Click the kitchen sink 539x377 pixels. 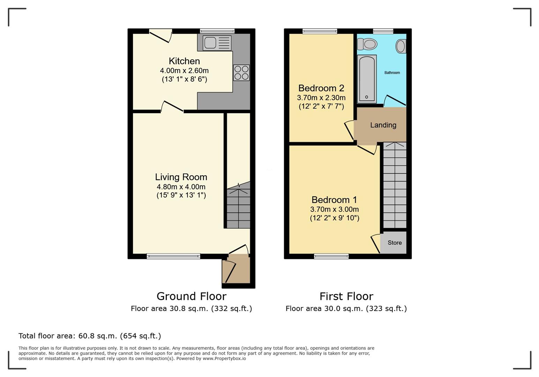[217, 43]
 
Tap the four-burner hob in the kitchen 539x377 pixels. [241, 73]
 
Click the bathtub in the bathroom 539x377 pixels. [367, 79]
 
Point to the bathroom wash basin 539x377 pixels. [401, 46]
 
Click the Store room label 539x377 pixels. [394, 243]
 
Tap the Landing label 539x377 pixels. [383, 125]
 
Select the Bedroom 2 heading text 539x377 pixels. [321, 88]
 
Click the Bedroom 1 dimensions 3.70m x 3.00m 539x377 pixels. [334, 209]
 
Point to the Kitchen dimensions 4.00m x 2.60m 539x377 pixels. [184, 71]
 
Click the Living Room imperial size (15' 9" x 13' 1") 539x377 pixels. [181, 195]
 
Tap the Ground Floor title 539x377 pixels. [192, 296]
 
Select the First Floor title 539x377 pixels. [346, 296]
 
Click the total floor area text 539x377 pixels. [90, 336]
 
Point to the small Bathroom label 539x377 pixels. [392, 73]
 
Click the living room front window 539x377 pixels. [173, 256]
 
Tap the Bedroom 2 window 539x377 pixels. [320, 31]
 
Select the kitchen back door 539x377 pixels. [161, 36]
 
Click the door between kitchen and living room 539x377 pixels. [172, 107]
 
